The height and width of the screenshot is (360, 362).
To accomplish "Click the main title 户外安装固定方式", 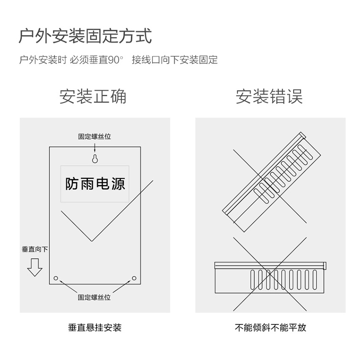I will pos(85,35).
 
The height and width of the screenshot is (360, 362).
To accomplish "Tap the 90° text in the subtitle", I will pos(116,60).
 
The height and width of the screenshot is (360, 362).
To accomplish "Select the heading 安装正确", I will pos(93,97).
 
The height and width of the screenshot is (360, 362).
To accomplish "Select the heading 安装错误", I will pos(269,97).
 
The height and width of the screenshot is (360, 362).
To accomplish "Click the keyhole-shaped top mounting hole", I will pos(95,158).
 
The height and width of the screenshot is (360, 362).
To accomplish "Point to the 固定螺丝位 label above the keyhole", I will pos(94,136).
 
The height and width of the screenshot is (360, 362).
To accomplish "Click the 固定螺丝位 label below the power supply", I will pos(94,297).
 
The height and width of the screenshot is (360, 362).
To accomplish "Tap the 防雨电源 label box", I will pos(95,184).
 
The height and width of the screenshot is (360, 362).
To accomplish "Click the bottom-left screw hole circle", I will pos(56,278).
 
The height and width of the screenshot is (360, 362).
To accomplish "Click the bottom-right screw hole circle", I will pos(134,278).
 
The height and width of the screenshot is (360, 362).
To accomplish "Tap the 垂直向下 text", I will pos(34,249).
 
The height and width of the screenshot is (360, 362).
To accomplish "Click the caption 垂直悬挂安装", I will pos(95,327).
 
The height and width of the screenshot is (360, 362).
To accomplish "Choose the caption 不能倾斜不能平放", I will pos(270,327).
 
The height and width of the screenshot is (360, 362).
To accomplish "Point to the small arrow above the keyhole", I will pos(95,147).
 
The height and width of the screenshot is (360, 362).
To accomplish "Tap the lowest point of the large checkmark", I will pos(92,240).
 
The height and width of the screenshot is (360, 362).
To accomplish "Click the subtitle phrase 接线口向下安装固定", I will pos(175,60).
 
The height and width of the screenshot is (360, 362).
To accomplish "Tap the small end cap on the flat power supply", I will pos(324,265).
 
